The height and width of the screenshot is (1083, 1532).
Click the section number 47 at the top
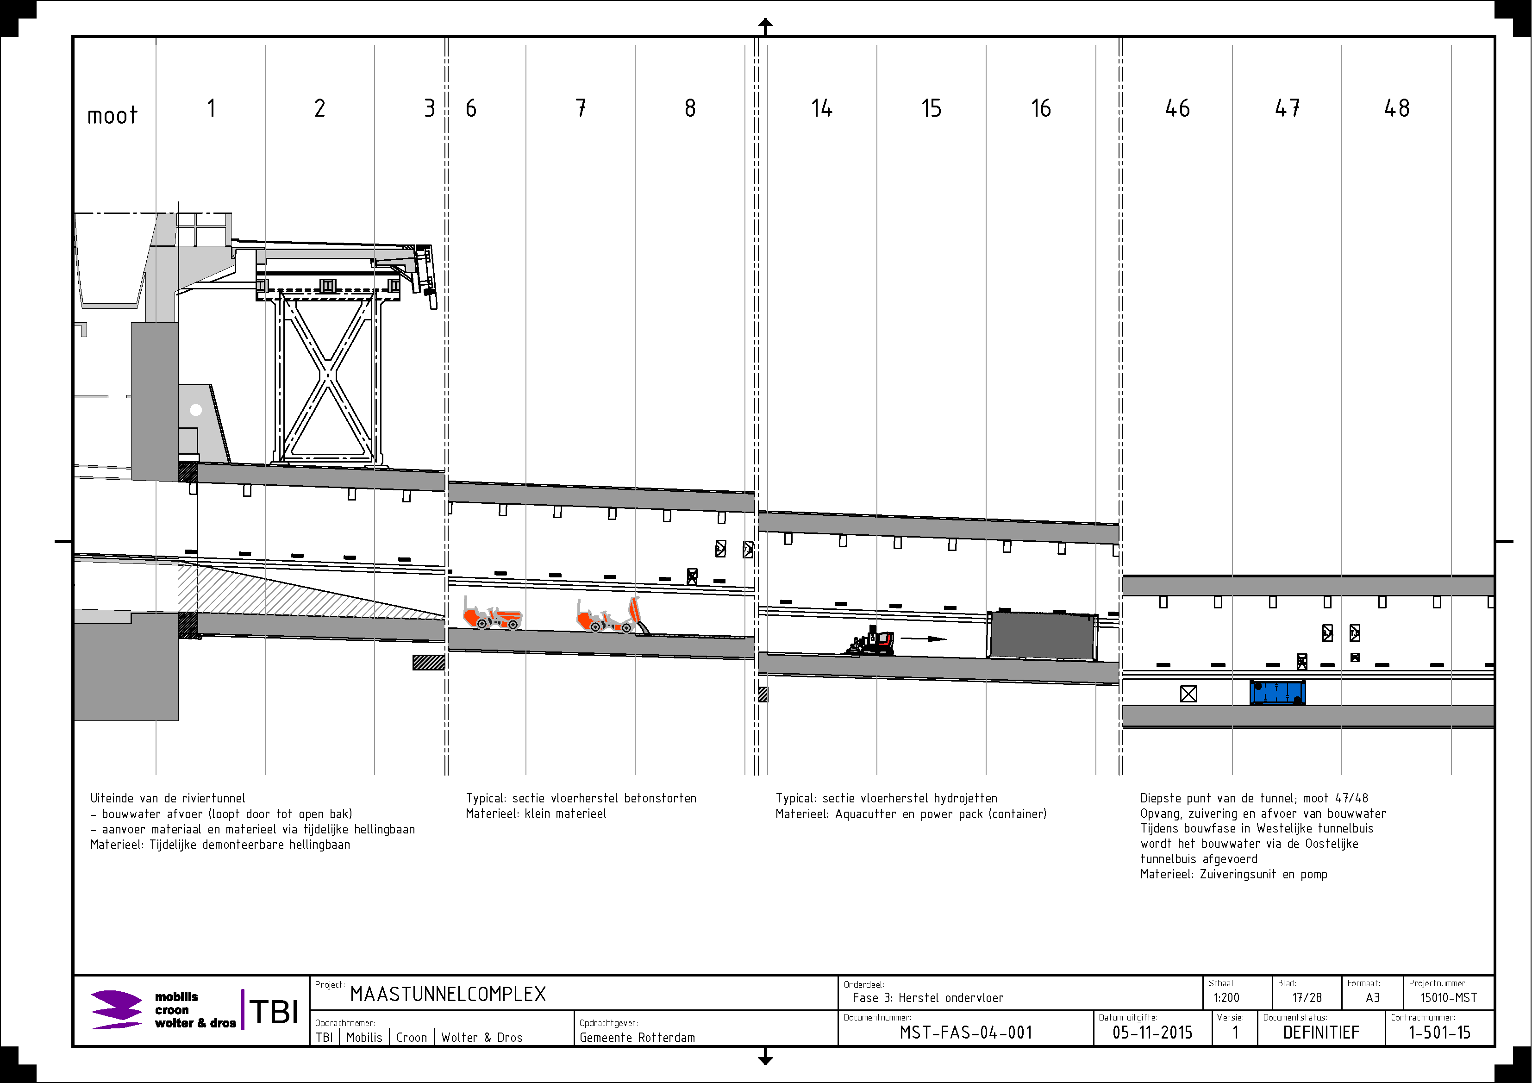click(1287, 108)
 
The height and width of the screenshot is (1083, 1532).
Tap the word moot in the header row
click(112, 115)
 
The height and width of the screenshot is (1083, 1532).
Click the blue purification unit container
click(1277, 693)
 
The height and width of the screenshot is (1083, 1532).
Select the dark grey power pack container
click(1042, 636)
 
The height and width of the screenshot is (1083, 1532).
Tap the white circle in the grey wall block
click(195, 410)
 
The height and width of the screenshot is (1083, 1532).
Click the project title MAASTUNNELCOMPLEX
click(448, 994)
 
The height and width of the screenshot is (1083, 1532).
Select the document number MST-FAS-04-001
click(965, 1033)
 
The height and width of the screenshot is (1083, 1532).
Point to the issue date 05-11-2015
click(1152, 1033)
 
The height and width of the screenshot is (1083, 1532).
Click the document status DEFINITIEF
click(1321, 1033)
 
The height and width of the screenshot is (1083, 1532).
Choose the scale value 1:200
click(1226, 998)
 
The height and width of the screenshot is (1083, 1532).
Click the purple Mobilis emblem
click(116, 1009)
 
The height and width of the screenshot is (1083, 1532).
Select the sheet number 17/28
click(1307, 998)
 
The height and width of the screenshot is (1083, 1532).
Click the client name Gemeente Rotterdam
click(637, 1038)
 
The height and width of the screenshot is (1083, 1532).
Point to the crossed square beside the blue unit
click(1188, 694)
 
